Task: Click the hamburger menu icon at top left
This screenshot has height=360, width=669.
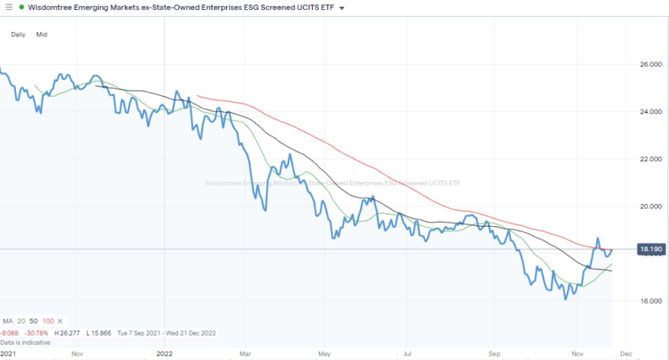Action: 8,7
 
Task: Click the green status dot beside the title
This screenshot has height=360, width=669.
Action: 21,8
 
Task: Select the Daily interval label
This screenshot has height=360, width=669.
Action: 19,35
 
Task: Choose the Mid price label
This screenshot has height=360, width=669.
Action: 41,35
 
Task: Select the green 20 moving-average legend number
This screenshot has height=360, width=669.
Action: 19,322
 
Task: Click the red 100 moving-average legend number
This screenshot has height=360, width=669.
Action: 47,322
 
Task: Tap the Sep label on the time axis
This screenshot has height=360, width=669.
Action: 495,354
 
